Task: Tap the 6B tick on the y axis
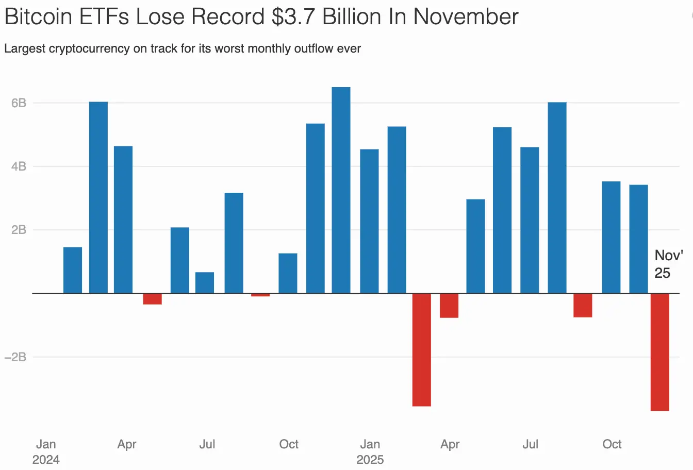click(19, 103)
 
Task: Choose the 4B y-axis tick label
click(19, 166)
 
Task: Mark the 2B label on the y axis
click(19, 230)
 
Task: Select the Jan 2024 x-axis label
click(46, 451)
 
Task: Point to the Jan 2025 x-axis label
click(370, 451)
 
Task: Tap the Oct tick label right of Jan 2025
click(612, 444)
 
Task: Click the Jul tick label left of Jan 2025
click(207, 444)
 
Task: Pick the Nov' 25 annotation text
click(668, 264)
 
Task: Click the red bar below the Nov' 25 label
click(660, 352)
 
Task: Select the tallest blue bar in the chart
click(341, 190)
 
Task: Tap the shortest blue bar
click(205, 282)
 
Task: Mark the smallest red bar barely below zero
click(260, 295)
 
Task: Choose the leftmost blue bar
click(73, 270)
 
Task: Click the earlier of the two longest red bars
click(422, 349)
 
